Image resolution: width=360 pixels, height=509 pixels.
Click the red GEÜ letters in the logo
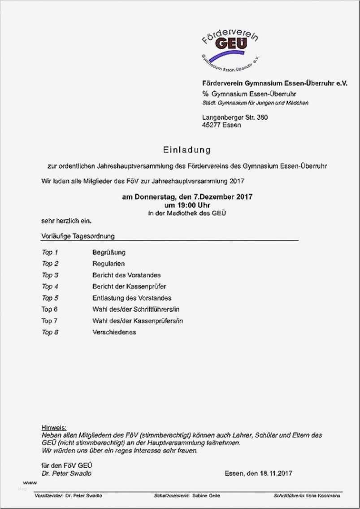[231, 44]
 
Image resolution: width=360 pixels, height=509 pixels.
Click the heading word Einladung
[187, 149]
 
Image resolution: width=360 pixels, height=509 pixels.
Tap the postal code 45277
[211, 125]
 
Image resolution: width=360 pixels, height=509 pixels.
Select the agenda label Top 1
[50, 252]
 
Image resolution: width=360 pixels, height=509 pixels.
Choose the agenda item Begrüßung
[109, 252]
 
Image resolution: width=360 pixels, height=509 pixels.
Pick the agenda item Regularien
[108, 264]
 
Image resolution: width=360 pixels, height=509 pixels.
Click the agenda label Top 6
[50, 309]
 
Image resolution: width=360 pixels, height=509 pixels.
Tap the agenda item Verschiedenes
[114, 332]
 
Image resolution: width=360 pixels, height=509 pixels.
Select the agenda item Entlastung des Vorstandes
[132, 298]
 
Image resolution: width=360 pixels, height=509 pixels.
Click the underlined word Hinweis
[54, 427]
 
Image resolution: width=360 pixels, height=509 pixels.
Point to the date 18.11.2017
[275, 473]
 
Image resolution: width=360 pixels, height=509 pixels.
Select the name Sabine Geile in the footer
[207, 496]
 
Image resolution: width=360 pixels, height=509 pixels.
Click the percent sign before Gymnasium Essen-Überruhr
[205, 94]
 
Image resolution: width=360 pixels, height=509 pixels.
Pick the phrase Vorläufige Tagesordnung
[78, 235]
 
